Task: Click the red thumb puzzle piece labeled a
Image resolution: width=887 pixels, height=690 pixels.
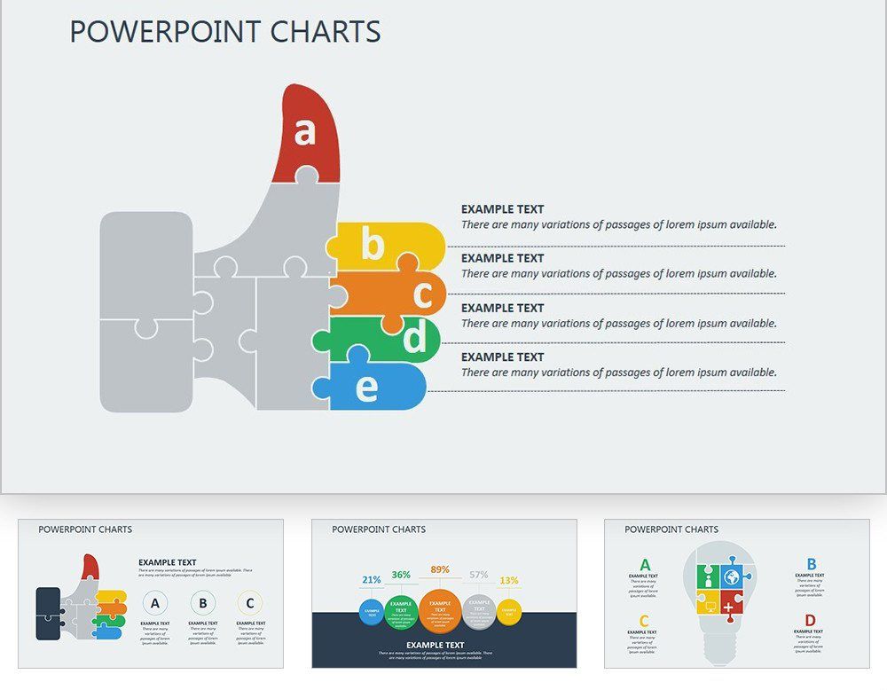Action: click(306, 133)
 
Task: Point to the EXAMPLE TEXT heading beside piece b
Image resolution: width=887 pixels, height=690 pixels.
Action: click(502, 209)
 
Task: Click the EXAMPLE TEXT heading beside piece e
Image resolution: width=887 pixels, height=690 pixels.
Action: click(502, 357)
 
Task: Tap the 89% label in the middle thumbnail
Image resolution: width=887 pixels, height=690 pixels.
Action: click(439, 569)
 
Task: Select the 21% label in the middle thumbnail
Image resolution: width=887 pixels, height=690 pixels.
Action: click(371, 580)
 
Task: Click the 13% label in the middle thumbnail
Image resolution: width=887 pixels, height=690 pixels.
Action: click(509, 581)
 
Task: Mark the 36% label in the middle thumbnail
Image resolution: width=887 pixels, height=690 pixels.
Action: click(401, 575)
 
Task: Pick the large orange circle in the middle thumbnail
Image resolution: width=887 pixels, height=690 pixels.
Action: click(440, 609)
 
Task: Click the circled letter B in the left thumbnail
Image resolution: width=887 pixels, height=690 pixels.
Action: click(203, 604)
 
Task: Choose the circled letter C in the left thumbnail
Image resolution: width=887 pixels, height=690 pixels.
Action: click(250, 604)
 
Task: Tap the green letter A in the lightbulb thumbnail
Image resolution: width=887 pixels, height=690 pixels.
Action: click(645, 565)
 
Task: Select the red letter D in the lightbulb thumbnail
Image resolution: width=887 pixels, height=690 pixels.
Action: click(810, 621)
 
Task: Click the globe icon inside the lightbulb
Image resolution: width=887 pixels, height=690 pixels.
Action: click(731, 576)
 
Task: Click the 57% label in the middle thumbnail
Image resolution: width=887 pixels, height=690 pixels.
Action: click(479, 575)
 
